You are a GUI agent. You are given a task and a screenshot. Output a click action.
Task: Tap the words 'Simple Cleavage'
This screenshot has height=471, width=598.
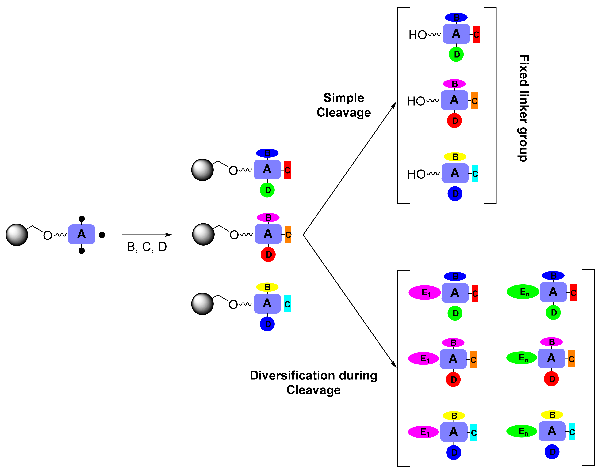[343, 105]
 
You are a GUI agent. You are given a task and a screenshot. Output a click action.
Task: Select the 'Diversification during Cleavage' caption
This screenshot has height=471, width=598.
[313, 382]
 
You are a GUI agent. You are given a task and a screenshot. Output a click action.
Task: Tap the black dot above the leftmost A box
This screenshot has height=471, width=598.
[81, 219]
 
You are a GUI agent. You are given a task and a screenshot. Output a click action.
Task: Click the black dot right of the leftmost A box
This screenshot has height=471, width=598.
[102, 235]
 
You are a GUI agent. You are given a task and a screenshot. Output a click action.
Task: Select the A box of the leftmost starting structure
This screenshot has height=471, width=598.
[81, 234]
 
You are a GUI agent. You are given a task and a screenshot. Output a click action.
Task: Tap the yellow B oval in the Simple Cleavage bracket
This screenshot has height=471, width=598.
[455, 157]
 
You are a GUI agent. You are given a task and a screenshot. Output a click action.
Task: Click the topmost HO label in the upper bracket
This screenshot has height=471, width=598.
[418, 35]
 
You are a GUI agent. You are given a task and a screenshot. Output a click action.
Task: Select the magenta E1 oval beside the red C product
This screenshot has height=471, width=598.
[424, 292]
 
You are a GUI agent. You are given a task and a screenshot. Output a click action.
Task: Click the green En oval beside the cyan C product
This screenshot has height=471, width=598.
[521, 431]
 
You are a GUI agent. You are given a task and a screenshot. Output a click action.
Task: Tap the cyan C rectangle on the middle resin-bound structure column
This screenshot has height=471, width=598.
[287, 304]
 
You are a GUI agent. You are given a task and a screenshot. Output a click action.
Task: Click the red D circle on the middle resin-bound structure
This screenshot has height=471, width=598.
[268, 254]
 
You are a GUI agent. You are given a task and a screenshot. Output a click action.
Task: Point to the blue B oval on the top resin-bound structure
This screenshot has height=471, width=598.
[267, 153]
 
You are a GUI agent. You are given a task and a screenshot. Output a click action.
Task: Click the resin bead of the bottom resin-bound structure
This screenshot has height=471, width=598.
[202, 304]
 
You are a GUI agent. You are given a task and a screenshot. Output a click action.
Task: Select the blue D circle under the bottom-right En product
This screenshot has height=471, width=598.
[552, 452]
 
